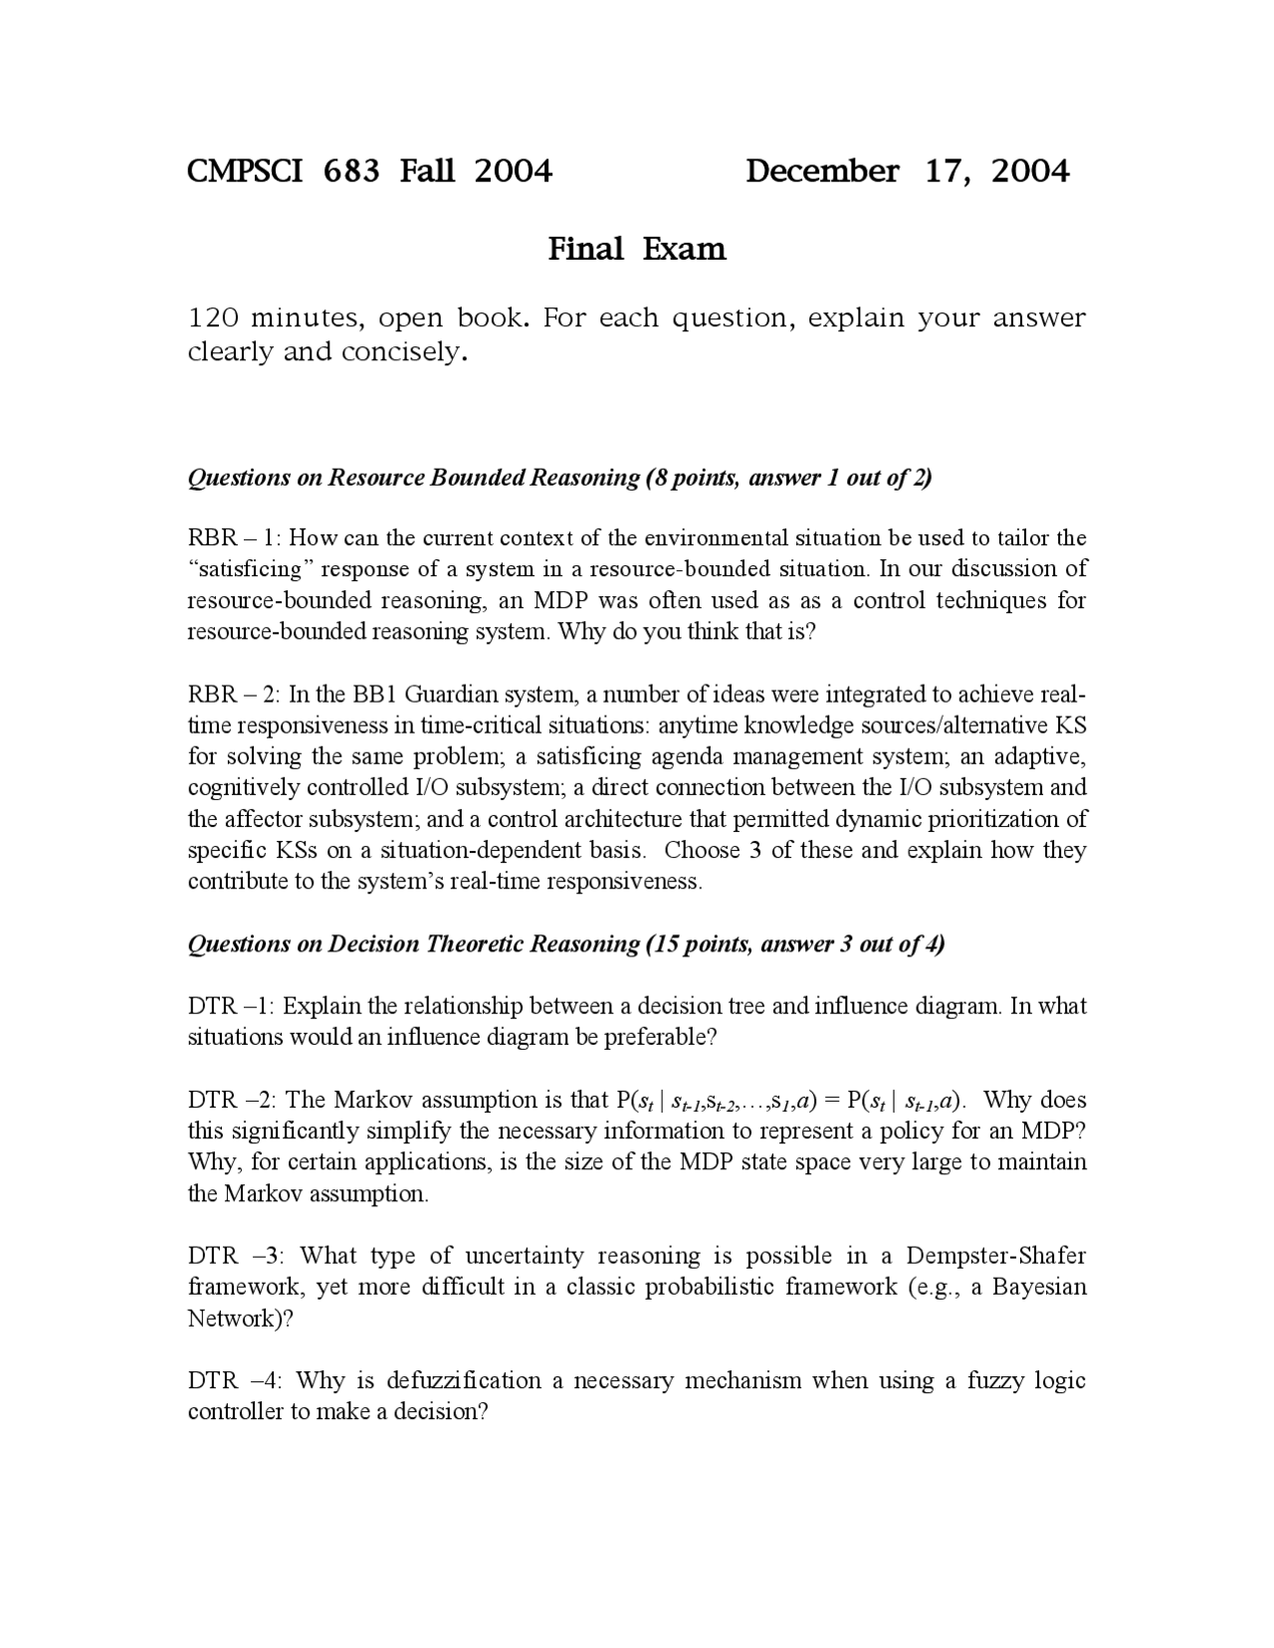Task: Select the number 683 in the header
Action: point(351,171)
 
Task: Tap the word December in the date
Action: point(821,171)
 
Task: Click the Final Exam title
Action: point(637,249)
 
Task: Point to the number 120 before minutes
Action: point(212,318)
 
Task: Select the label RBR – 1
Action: point(234,538)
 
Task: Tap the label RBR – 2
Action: point(234,694)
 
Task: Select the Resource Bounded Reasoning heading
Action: point(559,478)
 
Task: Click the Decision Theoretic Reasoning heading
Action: point(565,943)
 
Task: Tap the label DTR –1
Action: point(230,1006)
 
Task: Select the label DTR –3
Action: point(237,1256)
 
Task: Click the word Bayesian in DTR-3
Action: point(1039,1287)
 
